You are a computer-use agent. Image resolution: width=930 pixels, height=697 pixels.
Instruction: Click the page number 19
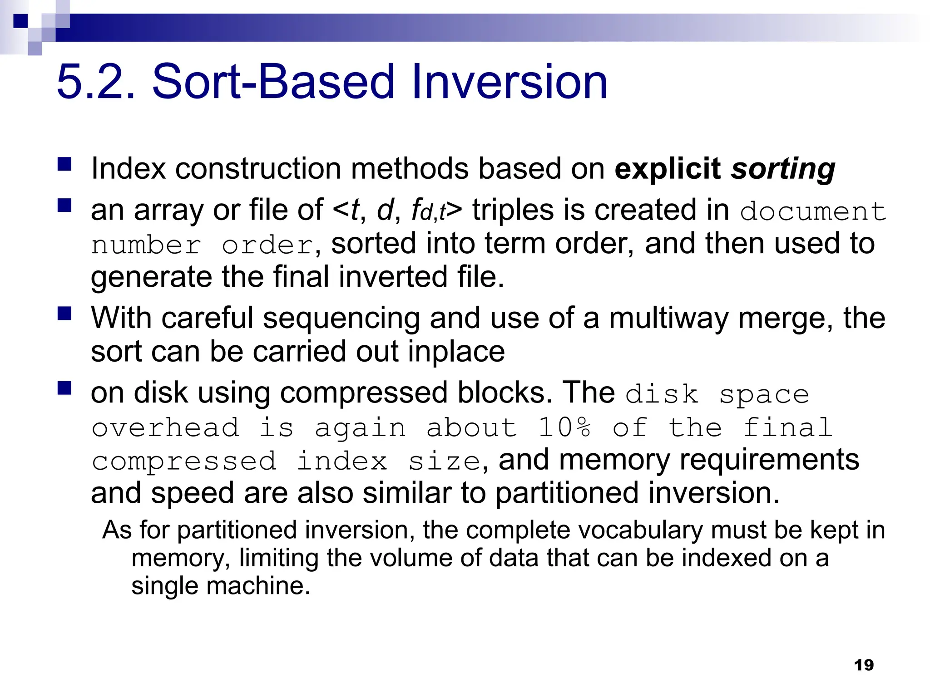point(864,665)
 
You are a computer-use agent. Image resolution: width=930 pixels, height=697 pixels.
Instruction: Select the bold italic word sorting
point(783,169)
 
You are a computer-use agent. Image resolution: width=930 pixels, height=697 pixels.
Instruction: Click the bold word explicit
point(668,169)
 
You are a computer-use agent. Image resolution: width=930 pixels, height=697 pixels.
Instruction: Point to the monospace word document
point(813,211)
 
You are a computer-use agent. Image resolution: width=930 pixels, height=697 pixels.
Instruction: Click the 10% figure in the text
point(564,427)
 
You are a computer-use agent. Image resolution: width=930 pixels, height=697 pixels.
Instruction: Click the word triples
point(513,210)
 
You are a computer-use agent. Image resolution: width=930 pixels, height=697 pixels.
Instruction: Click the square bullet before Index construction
point(65,164)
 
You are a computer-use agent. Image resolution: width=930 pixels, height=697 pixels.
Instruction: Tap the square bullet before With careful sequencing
point(65,314)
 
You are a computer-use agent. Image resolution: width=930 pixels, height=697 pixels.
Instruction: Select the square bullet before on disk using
point(65,388)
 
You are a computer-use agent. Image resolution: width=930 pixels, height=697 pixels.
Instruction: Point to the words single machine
point(221,585)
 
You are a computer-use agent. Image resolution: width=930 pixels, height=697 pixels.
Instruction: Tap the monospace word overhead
point(165,427)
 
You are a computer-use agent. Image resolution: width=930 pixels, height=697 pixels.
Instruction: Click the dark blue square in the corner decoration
point(20,21)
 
